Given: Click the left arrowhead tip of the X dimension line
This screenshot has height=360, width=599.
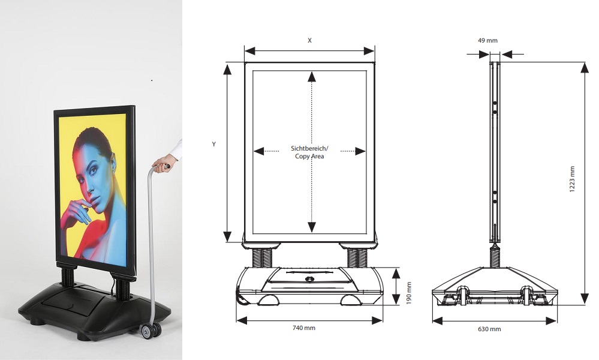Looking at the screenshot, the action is (x=245, y=51).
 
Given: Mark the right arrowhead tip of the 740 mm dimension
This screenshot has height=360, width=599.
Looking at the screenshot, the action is (x=383, y=320).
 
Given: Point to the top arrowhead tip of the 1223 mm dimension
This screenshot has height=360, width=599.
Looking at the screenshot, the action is (x=585, y=62).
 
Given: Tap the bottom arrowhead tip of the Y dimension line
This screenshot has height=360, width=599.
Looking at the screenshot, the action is (x=227, y=242).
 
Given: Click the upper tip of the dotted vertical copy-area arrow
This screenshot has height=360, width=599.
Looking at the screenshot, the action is (x=312, y=71).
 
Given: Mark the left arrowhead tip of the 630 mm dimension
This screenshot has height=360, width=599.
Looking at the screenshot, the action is (x=432, y=320).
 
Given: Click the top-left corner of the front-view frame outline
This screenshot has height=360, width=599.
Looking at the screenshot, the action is (x=245, y=62).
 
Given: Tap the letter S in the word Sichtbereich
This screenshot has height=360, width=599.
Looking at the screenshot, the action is (x=293, y=148).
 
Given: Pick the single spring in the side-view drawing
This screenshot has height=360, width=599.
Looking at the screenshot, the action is (x=495, y=256).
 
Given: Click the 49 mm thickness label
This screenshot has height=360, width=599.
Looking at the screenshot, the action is (x=487, y=41).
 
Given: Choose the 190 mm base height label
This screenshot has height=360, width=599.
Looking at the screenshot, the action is (x=409, y=293).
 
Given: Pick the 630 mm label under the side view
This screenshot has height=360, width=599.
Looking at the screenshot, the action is (x=489, y=329).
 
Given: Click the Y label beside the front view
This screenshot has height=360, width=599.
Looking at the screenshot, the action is (x=214, y=145).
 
